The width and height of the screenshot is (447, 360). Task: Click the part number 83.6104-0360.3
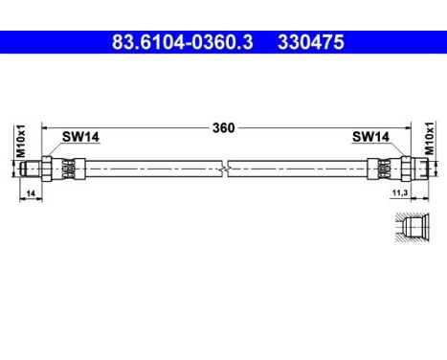click(x=182, y=42)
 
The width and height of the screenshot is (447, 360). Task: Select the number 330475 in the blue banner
click(x=311, y=42)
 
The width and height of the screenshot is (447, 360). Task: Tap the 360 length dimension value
click(x=224, y=128)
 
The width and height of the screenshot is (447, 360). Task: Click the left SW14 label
click(x=80, y=137)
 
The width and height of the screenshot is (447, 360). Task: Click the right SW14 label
click(x=370, y=137)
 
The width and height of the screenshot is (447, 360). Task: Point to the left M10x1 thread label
click(x=21, y=141)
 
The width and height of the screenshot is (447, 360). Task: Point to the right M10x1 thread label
click(x=430, y=138)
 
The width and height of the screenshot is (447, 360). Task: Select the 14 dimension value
click(x=31, y=193)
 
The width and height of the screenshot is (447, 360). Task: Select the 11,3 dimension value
click(x=400, y=192)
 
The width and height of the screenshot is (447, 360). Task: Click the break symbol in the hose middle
click(x=225, y=169)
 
